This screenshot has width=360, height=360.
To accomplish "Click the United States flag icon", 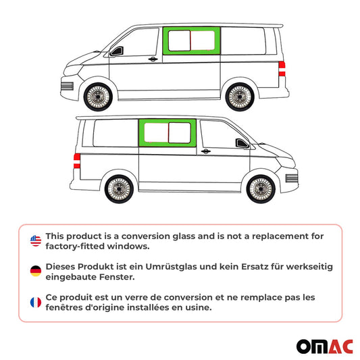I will [35, 240].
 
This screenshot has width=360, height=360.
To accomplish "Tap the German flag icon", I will [35, 272].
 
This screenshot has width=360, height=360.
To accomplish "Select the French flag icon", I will [35, 303].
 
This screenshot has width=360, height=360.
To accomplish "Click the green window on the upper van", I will [192, 42].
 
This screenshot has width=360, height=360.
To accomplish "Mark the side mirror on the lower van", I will [240, 143].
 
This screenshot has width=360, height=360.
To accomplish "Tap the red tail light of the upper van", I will [282, 67].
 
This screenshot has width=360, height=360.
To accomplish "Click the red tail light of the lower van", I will [76, 159].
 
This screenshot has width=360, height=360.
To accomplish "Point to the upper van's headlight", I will [68, 86].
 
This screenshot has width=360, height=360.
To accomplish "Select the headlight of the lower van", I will [290, 178].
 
